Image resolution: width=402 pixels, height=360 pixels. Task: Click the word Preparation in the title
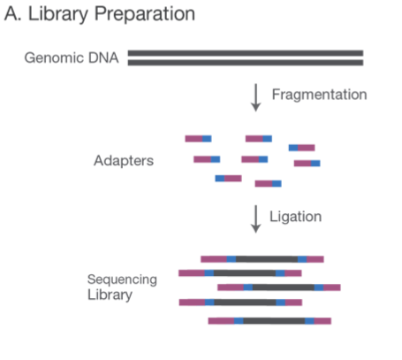pyautogui.click(x=145, y=14)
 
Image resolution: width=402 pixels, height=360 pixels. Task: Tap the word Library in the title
pyautogui.click(x=58, y=14)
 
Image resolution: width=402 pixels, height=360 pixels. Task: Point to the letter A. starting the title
pyautogui.click(x=13, y=13)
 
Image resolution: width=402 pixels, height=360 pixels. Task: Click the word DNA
pyautogui.click(x=103, y=57)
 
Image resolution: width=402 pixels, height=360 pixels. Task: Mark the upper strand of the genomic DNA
pyautogui.click(x=246, y=53)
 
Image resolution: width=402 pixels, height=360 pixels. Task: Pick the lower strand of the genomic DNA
pyautogui.click(x=246, y=63)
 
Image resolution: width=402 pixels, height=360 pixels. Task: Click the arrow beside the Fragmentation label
pyautogui.click(x=256, y=97)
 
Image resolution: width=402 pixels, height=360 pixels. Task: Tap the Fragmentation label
pyautogui.click(x=319, y=95)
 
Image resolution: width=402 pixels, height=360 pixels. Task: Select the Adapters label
pyautogui.click(x=124, y=161)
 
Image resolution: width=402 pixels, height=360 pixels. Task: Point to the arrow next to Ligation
pyautogui.click(x=256, y=219)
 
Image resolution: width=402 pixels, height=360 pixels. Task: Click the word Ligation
pyautogui.click(x=295, y=217)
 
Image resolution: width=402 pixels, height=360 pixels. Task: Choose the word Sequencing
pyautogui.click(x=122, y=280)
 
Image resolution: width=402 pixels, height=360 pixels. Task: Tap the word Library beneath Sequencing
pyautogui.click(x=110, y=295)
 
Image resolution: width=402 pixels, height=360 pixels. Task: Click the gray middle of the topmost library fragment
pyautogui.click(x=267, y=259)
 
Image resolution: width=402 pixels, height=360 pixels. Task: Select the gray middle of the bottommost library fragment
pyautogui.click(x=274, y=321)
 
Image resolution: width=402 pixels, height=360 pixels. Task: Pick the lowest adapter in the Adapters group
pyautogui.click(x=268, y=184)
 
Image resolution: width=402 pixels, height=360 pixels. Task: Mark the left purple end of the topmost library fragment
pyautogui.click(x=214, y=259)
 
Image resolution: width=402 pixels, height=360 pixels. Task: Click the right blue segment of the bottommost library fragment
pyautogui.click(x=309, y=321)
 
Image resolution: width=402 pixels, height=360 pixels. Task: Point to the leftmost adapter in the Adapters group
pyautogui.click(x=198, y=139)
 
